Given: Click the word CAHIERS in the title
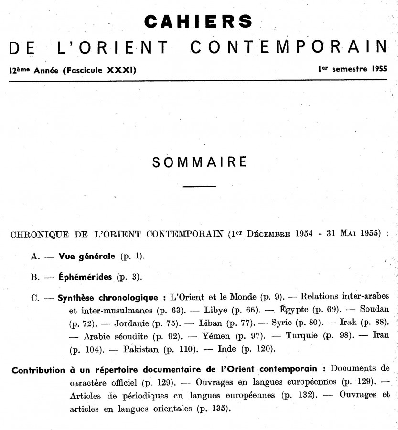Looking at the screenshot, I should pyautogui.click(x=198, y=21).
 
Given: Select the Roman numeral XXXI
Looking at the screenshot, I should pyautogui.click(x=121, y=71).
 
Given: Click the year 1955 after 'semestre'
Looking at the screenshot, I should pyautogui.click(x=377, y=68).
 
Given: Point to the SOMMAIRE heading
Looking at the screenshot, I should pyautogui.click(x=199, y=162).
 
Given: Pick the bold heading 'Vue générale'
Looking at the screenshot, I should pyautogui.click(x=86, y=256).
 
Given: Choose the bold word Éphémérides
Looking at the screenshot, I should pyautogui.click(x=85, y=277).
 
